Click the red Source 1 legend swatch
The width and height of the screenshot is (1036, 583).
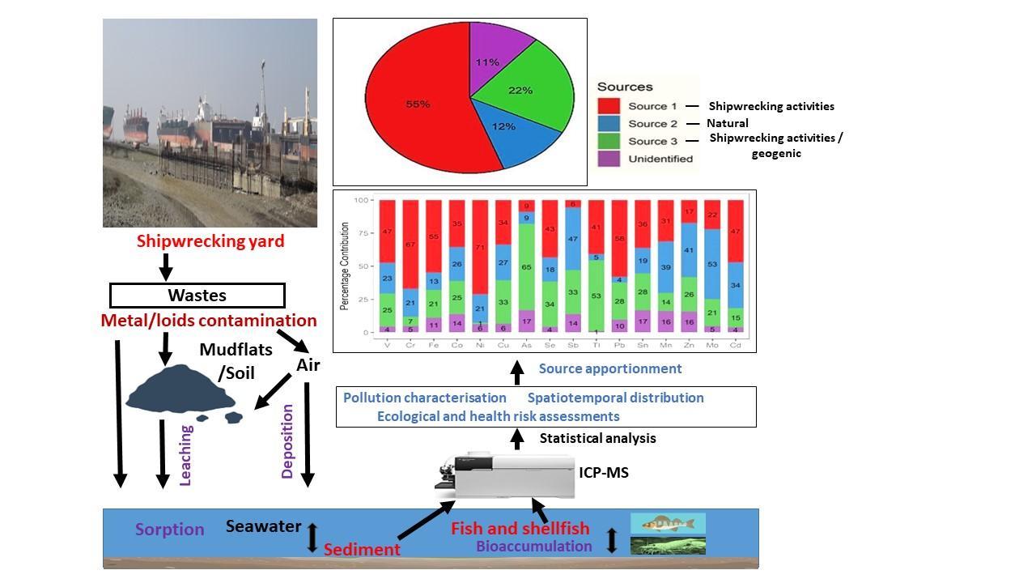tap(609, 106)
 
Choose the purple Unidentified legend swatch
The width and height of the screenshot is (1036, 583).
tap(609, 159)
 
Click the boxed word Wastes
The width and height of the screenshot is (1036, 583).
tap(197, 296)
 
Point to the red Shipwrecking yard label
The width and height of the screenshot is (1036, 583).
tap(210, 241)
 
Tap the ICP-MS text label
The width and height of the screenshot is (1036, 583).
tap(603, 471)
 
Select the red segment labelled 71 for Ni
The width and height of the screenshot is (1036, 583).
tap(481, 247)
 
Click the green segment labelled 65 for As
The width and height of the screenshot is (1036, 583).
tap(527, 266)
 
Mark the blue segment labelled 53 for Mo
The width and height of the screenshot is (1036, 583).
tap(713, 264)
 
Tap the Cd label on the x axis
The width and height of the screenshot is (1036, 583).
tap(736, 345)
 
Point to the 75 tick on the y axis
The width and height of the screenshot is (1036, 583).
tap(363, 233)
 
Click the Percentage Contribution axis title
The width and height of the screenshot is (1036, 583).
tap(344, 266)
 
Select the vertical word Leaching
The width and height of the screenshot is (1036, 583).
tap(185, 455)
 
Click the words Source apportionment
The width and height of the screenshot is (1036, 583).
tap(610, 368)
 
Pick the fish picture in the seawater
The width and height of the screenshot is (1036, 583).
tap(668, 523)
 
